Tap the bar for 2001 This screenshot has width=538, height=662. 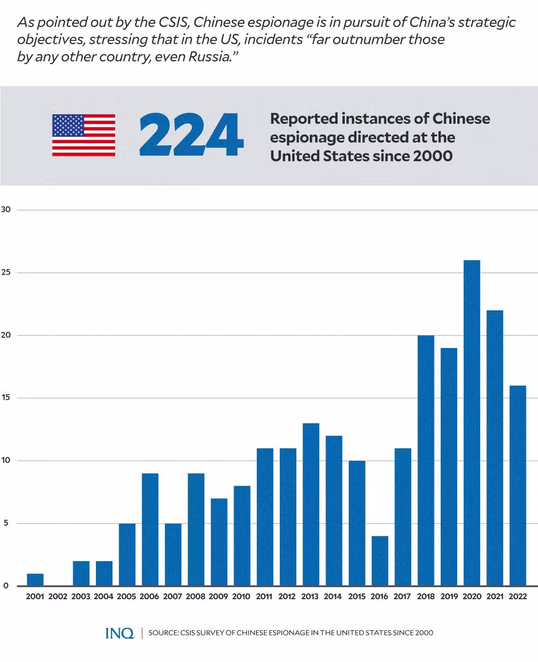[x=35, y=579]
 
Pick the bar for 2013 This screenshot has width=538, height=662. [x=311, y=504]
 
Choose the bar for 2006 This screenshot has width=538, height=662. [x=150, y=529]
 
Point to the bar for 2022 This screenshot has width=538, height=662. [x=517, y=485]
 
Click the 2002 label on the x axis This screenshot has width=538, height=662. [x=58, y=597]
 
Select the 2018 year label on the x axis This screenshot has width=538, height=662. [x=425, y=597]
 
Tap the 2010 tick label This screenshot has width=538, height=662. [x=241, y=597]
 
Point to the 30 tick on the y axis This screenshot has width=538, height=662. [x=6, y=209]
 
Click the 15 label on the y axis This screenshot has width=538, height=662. [x=5, y=397]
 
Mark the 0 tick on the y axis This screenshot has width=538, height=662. [x=5, y=585]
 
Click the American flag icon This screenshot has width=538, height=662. [x=83, y=135]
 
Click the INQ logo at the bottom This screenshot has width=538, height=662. [x=119, y=633]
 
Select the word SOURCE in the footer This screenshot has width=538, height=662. [x=163, y=633]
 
